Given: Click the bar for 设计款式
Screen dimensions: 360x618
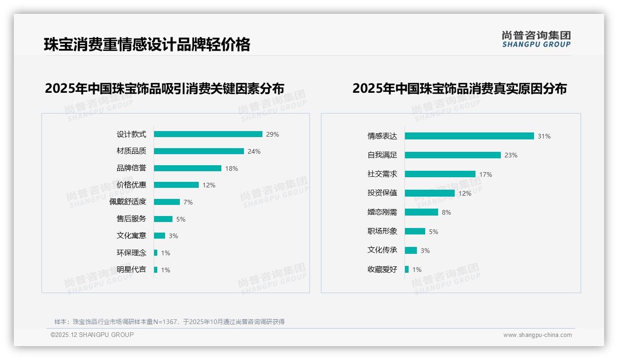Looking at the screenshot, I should pos(208,134).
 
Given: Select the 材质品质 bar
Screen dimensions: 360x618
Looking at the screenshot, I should pos(199,151).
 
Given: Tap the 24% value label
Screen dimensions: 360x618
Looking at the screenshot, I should pos(254,151).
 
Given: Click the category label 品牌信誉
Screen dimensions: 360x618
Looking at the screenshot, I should pos(131,168).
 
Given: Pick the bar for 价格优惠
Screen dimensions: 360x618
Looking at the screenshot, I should pos(176,185).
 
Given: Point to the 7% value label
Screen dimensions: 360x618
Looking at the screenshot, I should pos(188,202).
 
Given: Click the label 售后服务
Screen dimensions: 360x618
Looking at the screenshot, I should pos(131,219).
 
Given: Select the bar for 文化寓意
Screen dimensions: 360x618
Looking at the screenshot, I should pos(160,236).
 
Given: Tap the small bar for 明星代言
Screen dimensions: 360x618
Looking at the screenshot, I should pos(156,270).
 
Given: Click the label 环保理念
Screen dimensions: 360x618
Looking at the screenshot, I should pos(131,253).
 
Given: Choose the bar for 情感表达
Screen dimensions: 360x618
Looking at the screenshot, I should pos(469,136).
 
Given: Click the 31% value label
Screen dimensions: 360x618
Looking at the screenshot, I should pos(544,136).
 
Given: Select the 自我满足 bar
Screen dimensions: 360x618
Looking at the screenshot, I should pos(453,155).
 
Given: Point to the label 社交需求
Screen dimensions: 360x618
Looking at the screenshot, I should pos(382,174).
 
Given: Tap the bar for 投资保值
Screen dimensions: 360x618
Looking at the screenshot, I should pos(430,193).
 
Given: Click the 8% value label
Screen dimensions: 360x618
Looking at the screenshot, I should pos(446,212).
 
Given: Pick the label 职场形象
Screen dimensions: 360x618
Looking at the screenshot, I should pos(382,231).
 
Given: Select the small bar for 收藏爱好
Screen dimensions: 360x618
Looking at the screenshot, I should pos(407,269).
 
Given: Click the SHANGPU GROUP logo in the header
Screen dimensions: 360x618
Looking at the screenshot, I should pos(536,39).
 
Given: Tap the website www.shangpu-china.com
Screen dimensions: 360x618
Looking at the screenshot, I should pos(537,335).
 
